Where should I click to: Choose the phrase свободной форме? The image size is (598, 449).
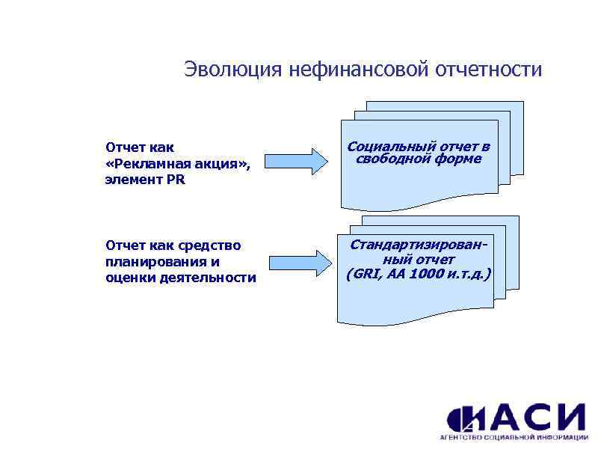tap(419, 159)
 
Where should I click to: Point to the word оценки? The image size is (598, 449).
tap(127, 278)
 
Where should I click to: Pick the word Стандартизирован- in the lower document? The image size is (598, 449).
tap(418, 245)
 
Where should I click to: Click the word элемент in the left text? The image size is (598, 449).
tap(132, 180)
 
